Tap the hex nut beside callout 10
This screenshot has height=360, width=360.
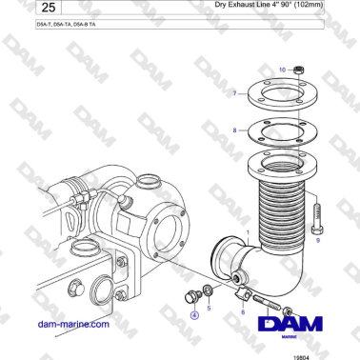pos(296,70)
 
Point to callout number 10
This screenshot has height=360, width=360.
pos(282,70)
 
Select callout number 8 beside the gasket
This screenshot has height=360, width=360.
pos(235,128)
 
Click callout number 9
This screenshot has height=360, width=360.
pos(317,241)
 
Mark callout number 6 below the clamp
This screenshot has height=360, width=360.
pos(243,310)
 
